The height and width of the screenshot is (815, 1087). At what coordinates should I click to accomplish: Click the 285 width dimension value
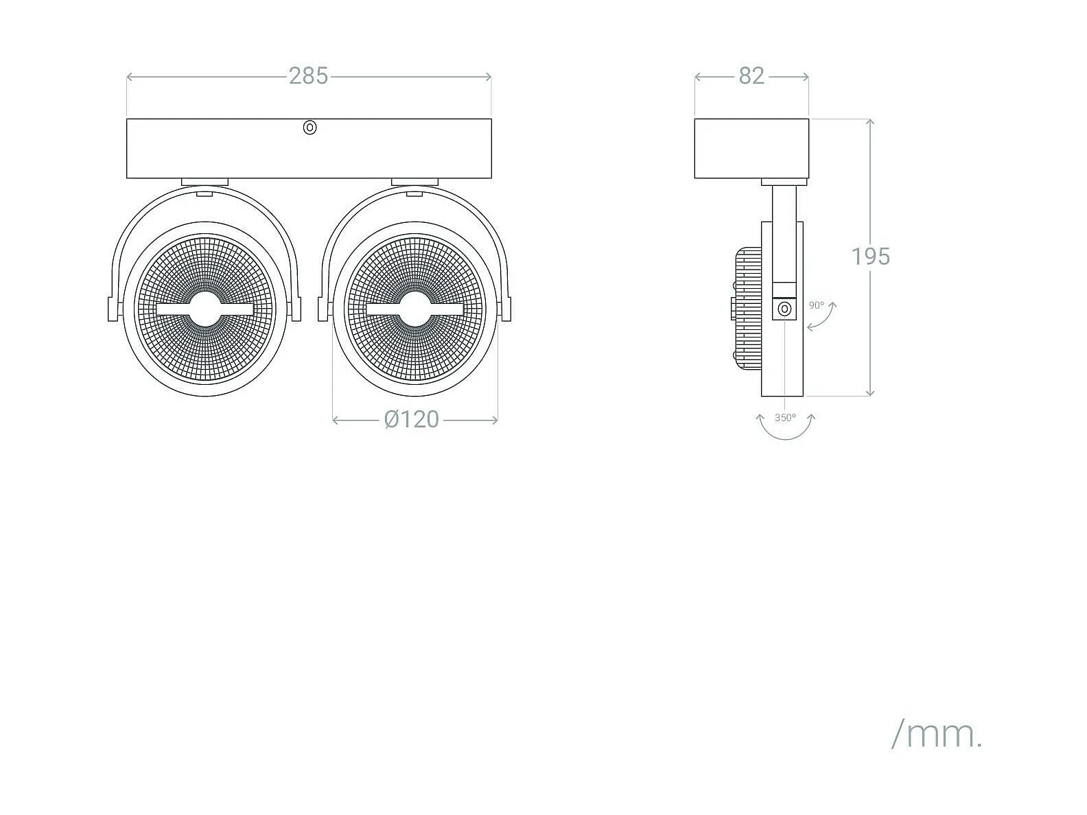[308, 76]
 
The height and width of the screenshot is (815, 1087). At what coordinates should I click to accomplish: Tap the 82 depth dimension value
[751, 76]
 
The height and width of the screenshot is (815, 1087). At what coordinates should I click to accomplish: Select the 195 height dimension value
[870, 257]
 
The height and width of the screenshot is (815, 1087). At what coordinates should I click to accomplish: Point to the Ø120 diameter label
[412, 420]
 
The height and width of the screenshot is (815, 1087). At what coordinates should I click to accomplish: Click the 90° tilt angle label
[817, 305]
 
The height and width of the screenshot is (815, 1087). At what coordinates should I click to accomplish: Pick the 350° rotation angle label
[786, 418]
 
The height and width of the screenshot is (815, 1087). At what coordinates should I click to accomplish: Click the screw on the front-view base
[309, 128]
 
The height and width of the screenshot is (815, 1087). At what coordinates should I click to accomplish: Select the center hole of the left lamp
[204, 309]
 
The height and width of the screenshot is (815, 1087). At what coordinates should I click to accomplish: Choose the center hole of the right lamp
[415, 309]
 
